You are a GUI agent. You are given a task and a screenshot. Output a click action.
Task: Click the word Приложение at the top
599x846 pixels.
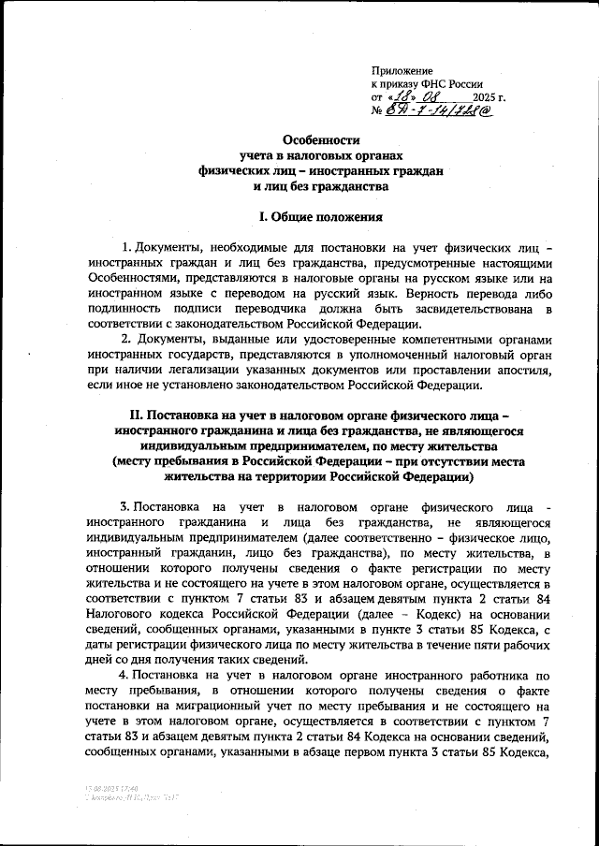[402, 70]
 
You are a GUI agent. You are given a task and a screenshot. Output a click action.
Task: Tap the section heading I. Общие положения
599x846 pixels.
[321, 217]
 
